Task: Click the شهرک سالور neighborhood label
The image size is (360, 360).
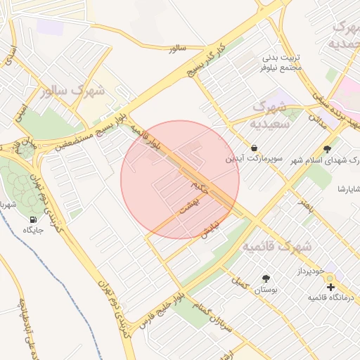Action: click(73, 91)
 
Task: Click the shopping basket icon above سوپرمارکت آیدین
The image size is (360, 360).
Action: click(263, 148)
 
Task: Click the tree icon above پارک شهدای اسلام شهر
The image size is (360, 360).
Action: click(327, 148)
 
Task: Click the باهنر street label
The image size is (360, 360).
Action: click(304, 205)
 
